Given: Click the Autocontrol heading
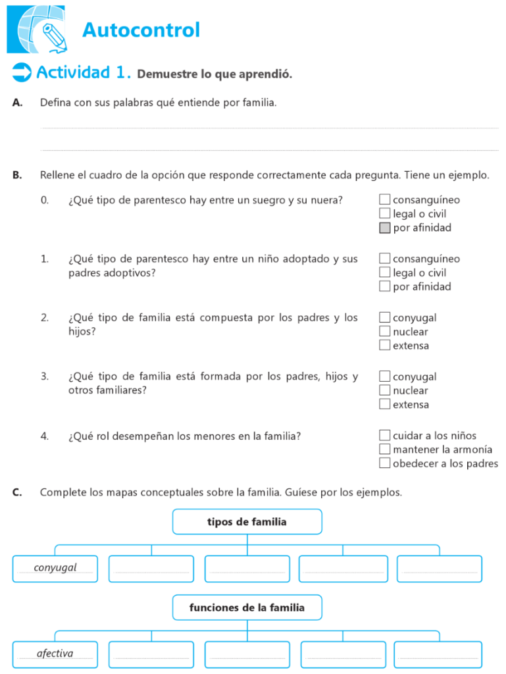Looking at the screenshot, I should (141, 30).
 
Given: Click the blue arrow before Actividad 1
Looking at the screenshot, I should (22, 72).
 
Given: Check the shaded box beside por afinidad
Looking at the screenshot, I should (385, 228).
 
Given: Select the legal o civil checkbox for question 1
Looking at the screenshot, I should (385, 272).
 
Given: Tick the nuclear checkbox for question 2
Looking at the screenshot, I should (385, 332).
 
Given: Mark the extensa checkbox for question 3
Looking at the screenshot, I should (385, 404).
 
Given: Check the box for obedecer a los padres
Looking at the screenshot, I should (385, 463).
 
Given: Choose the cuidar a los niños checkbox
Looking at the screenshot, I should (385, 435).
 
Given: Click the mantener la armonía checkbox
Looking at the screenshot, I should (385, 450).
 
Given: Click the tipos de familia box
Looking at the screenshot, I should (247, 522).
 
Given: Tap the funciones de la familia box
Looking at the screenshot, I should (247, 608).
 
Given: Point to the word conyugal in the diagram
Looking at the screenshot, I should (55, 567).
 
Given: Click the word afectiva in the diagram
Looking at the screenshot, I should (55, 654).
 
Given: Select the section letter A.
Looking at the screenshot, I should (17, 103).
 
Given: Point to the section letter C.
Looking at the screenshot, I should (17, 492).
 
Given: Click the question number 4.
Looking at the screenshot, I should (44, 436).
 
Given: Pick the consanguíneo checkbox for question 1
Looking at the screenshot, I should (385, 259).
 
